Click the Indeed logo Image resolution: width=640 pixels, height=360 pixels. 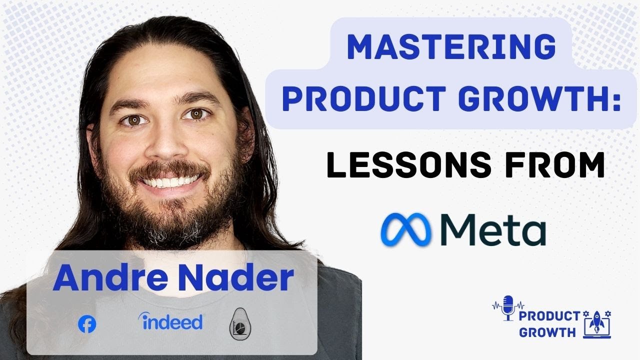170,322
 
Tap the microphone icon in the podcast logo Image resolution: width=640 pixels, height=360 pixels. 508,307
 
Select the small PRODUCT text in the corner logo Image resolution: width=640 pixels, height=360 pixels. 549,316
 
